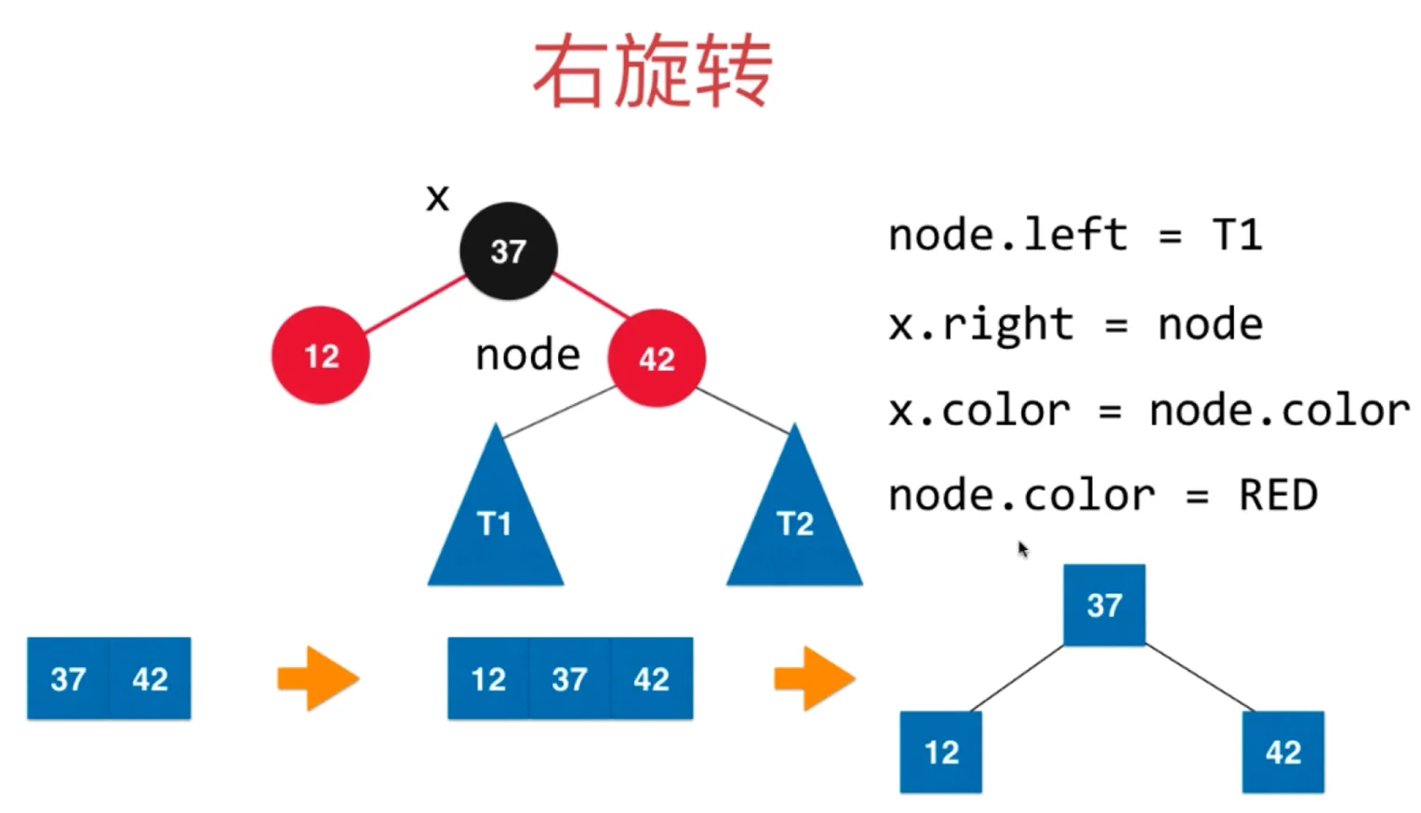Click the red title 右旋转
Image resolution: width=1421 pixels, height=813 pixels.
(652, 72)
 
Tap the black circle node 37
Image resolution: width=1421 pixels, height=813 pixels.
(509, 251)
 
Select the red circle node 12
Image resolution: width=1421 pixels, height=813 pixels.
(321, 356)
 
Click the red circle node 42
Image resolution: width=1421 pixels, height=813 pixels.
(657, 359)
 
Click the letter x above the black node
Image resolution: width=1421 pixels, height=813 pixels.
(437, 197)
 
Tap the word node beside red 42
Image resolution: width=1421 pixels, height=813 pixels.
(527, 355)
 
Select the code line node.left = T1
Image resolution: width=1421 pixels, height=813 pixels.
(1075, 234)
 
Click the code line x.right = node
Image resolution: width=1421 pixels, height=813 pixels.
(1075, 324)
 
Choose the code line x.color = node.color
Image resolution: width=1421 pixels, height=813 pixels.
(1149, 411)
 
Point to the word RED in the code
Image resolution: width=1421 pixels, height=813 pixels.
(1278, 495)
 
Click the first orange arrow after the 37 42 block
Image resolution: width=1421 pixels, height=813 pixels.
(318, 679)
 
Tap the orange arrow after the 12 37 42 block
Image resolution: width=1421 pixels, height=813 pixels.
(815, 679)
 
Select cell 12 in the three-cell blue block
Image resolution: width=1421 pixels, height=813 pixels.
(488, 679)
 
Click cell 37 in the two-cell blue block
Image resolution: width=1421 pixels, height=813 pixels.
(68, 679)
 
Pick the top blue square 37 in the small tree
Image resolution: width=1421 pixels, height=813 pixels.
(1104, 605)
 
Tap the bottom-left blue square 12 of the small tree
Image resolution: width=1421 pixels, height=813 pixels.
(941, 752)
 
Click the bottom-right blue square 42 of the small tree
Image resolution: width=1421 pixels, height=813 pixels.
(1282, 752)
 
